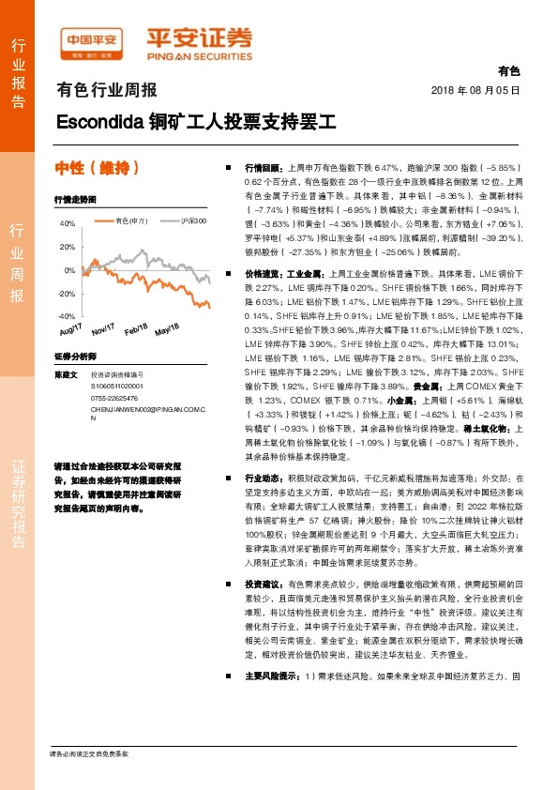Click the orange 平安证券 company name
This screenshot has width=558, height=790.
click(198, 39)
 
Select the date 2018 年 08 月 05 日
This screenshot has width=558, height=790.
click(475, 89)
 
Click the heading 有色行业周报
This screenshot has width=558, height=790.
click(107, 91)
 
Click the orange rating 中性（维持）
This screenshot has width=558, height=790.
click(98, 169)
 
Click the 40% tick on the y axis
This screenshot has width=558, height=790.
click(68, 224)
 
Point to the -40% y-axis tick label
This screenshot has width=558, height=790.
click(66, 317)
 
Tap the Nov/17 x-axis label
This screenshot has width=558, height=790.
click(102, 327)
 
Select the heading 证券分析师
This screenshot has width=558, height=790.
click(75, 357)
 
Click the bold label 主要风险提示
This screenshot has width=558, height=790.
click(271, 702)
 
